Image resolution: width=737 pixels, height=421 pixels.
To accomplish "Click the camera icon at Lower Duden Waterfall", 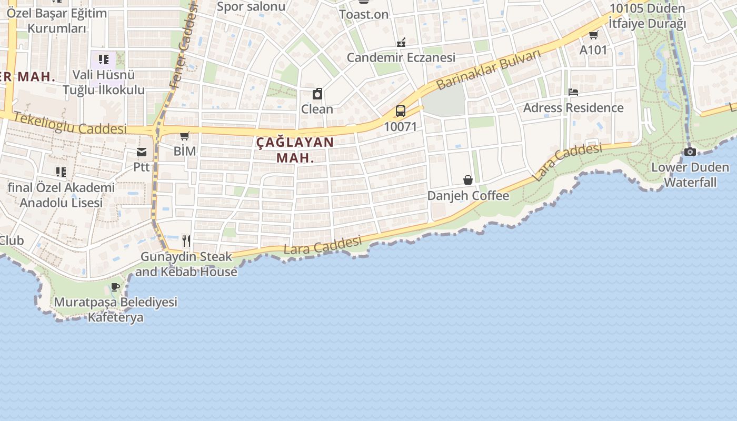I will (690, 152).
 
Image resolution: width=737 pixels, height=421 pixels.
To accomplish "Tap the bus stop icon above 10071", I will (401, 111).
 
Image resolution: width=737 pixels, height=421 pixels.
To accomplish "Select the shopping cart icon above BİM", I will (185, 136).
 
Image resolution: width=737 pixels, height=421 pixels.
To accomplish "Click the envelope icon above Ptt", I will (142, 153).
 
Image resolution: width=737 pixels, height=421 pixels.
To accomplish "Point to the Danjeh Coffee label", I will (468, 196).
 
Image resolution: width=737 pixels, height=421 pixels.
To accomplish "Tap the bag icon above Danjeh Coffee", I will (468, 181).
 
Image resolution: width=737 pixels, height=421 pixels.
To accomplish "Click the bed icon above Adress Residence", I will (573, 93).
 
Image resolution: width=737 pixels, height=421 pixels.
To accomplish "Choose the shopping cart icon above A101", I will (593, 35).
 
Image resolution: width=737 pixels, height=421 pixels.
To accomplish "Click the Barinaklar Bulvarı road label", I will (489, 70).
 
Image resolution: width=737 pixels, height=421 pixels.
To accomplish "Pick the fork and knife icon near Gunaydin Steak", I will (186, 241).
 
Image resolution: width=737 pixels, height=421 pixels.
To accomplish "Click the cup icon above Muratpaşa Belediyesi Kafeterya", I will (115, 287).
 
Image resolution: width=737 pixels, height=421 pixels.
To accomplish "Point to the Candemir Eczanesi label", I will (401, 57).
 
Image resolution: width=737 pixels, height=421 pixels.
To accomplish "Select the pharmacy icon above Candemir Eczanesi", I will (401, 42).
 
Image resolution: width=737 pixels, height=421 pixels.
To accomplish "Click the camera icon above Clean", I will (317, 94).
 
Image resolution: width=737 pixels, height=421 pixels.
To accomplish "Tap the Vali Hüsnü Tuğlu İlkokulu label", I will (104, 82).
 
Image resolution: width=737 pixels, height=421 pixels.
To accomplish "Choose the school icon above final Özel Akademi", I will (61, 172).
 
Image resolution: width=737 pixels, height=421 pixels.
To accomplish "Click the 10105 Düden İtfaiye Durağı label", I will (648, 16).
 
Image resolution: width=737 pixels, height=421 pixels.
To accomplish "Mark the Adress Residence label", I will (573, 108).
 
